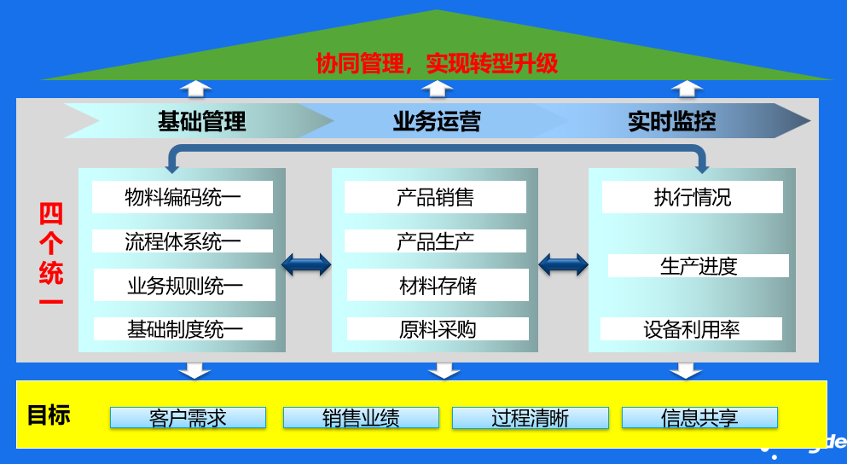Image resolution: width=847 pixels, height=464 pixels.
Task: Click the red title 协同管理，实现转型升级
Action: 437,63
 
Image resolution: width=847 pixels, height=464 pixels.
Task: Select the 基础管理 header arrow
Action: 201,121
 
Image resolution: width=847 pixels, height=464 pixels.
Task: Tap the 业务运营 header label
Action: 437,121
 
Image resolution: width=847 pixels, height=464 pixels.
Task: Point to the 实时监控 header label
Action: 672,121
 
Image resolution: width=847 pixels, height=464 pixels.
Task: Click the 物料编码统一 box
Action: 183,197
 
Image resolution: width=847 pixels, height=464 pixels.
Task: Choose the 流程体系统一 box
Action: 183,241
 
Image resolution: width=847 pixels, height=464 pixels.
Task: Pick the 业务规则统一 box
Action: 184,285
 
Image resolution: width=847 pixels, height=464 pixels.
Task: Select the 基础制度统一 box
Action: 184,329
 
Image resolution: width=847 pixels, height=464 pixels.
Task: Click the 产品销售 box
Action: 435,197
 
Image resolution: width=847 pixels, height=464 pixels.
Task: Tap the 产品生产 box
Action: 435,241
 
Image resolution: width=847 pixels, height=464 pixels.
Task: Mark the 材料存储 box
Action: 438,285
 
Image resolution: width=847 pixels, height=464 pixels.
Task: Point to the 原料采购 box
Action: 438,329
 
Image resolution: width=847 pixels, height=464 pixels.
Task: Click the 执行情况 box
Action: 692,197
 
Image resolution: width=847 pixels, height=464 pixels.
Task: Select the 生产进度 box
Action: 698,266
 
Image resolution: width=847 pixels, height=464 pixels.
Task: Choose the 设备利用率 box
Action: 691,329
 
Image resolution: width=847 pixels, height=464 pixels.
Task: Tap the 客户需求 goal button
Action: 188,418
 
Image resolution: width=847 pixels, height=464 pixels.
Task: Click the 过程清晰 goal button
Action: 530,418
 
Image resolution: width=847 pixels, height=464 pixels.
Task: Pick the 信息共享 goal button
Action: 699,418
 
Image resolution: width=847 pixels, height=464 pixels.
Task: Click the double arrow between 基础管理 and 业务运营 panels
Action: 306,264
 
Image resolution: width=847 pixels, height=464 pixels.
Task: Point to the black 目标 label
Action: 49,415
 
